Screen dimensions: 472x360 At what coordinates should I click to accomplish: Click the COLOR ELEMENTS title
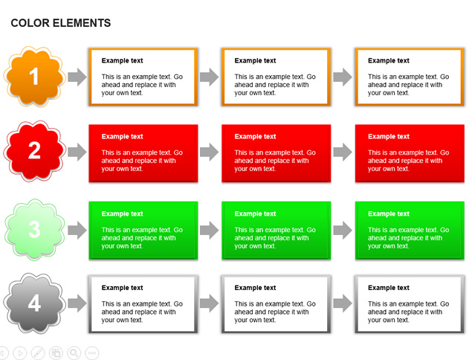[x=61, y=23]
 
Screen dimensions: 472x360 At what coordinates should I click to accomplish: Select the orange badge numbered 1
[x=34, y=77]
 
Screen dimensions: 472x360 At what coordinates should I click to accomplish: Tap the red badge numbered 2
[x=34, y=151]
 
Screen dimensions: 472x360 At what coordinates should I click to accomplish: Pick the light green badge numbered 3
[x=34, y=230]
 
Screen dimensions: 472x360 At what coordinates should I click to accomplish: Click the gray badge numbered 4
[x=34, y=303]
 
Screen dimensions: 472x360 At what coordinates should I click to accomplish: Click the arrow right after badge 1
[x=77, y=77]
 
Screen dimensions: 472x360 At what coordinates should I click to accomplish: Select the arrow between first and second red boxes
[x=209, y=152]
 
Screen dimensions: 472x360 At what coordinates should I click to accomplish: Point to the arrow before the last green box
[x=343, y=230]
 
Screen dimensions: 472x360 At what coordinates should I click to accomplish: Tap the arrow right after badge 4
[x=77, y=303]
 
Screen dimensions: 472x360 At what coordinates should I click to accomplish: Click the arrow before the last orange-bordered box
[x=343, y=77]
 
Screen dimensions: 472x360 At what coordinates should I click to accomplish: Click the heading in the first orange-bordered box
[x=122, y=60]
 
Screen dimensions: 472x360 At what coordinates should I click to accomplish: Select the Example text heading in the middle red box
[x=255, y=136]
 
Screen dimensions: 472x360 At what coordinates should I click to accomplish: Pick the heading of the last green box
[x=389, y=213]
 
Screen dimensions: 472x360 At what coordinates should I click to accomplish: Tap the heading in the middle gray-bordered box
[x=255, y=288]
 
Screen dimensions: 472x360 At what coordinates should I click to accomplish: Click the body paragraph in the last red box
[x=409, y=161]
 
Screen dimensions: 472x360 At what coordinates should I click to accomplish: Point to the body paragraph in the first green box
[x=142, y=238]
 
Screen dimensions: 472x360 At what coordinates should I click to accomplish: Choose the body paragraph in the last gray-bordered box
[x=409, y=312]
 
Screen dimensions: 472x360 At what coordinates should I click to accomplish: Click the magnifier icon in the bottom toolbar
[x=74, y=353]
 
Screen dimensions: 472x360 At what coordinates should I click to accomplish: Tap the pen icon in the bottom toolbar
[x=38, y=353]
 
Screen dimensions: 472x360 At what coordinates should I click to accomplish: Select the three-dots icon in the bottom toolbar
[x=92, y=353]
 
